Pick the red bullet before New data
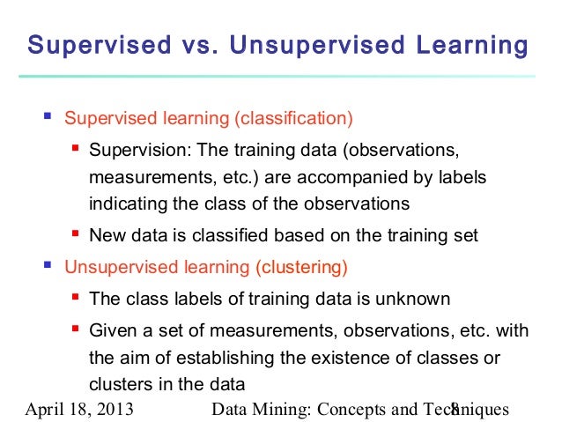[77, 234]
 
